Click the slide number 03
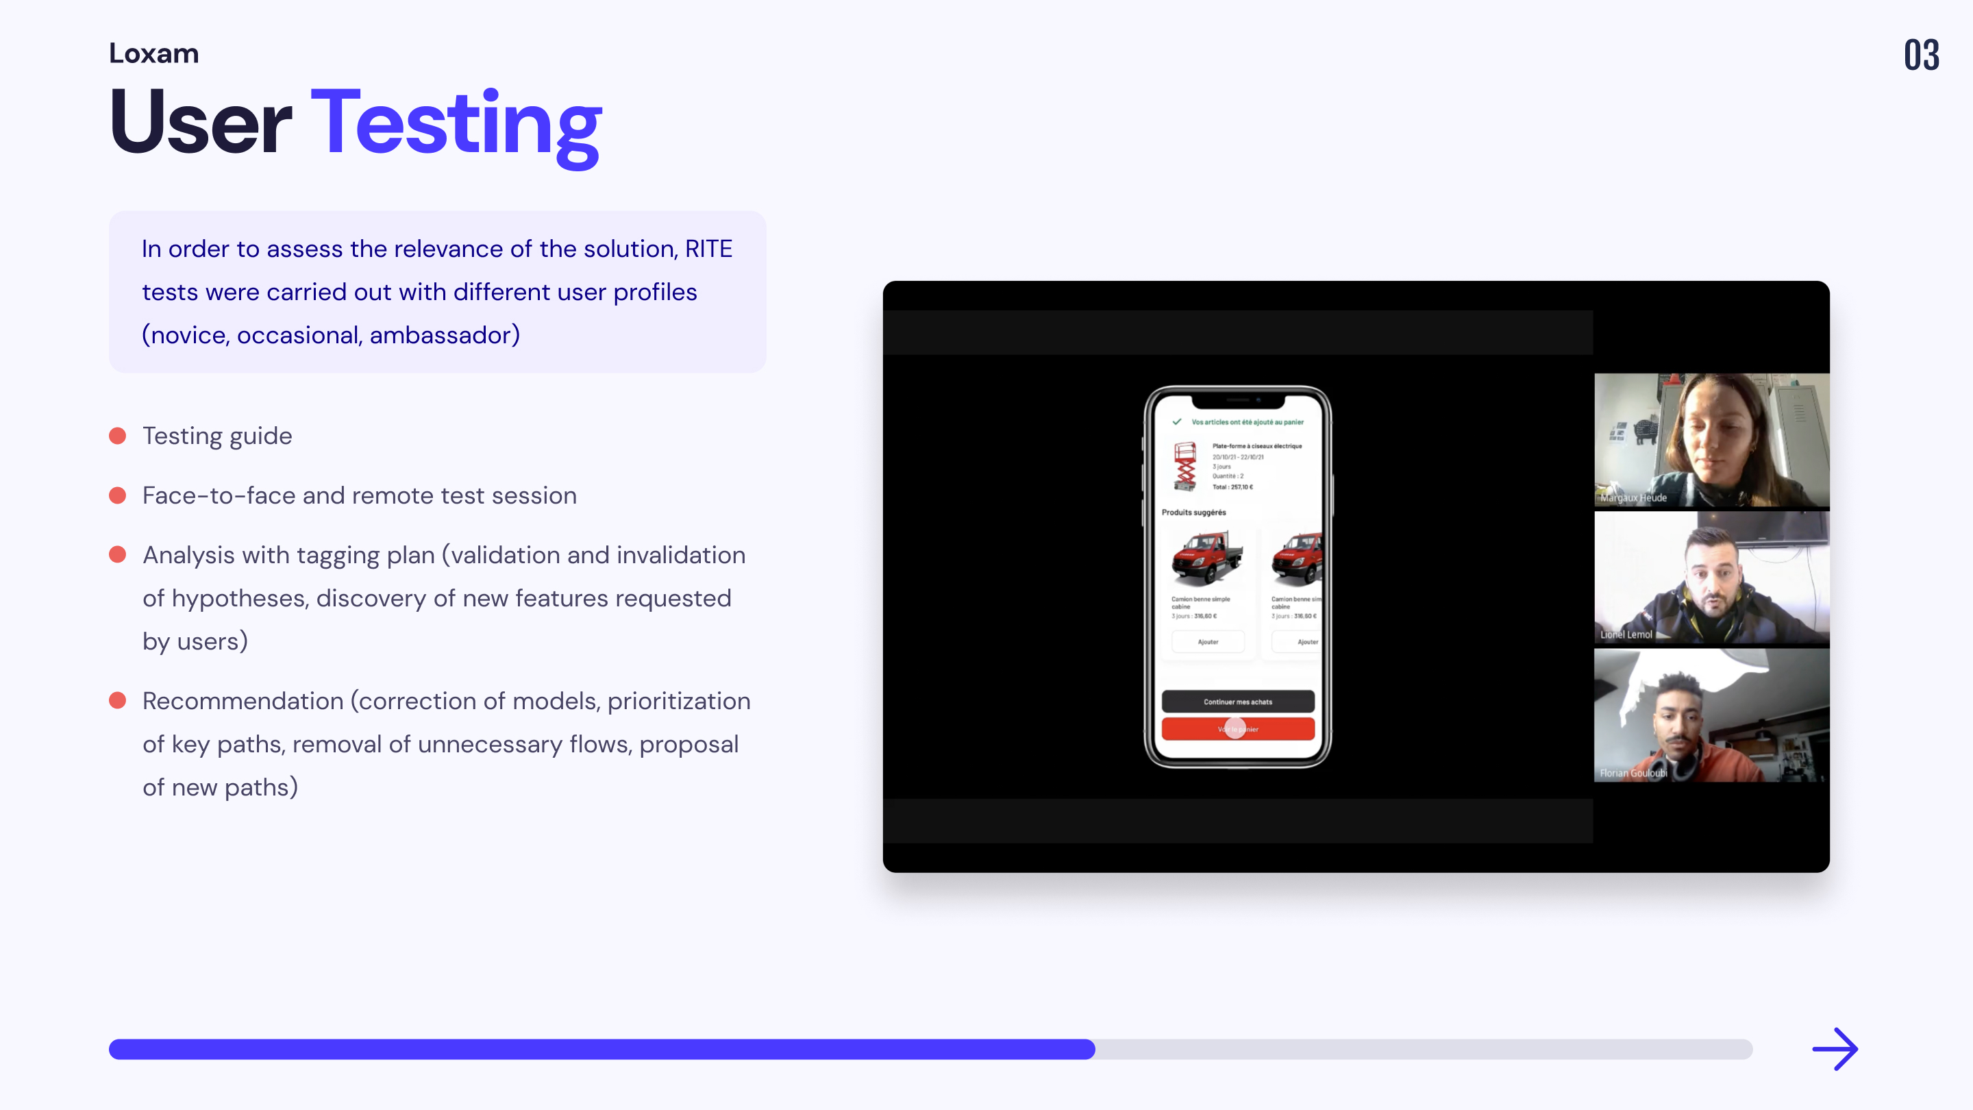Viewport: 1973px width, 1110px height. pos(1921,55)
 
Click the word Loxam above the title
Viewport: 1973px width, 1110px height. pos(154,53)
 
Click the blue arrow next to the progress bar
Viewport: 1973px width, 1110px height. pos(1835,1049)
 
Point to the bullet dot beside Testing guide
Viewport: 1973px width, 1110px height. pos(117,436)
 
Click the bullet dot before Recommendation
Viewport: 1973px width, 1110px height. pos(117,700)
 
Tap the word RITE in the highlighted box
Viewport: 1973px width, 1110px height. pos(708,249)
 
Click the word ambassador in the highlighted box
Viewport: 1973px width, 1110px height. pos(440,335)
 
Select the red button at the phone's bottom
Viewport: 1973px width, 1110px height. pos(1238,729)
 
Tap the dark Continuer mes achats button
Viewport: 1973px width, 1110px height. pos(1238,702)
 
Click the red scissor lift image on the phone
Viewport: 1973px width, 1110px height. pos(1185,466)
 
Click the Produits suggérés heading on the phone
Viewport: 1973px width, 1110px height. pos(1193,513)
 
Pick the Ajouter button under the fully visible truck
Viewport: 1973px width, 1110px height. pos(1208,642)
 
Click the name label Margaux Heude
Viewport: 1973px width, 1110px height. pos(1633,498)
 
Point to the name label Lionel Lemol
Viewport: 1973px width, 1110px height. pos(1626,634)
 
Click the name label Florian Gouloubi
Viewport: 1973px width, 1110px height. pos(1633,773)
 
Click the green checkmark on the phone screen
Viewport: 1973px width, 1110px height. pos(1176,422)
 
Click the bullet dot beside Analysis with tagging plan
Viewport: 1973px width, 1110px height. pos(117,554)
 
